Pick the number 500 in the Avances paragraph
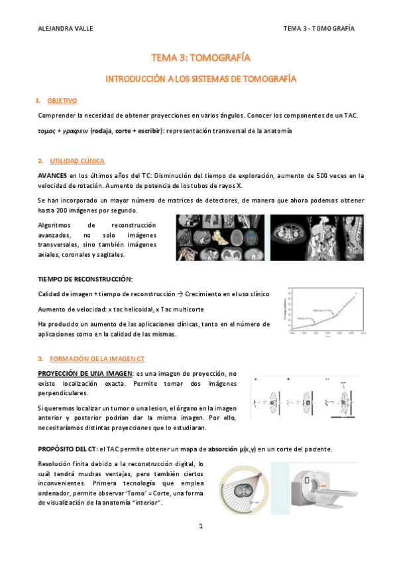click(x=325, y=175)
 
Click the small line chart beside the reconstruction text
click(x=325, y=312)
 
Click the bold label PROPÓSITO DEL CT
click(x=67, y=449)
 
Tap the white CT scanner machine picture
click(x=325, y=491)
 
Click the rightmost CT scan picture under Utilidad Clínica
click(x=317, y=236)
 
